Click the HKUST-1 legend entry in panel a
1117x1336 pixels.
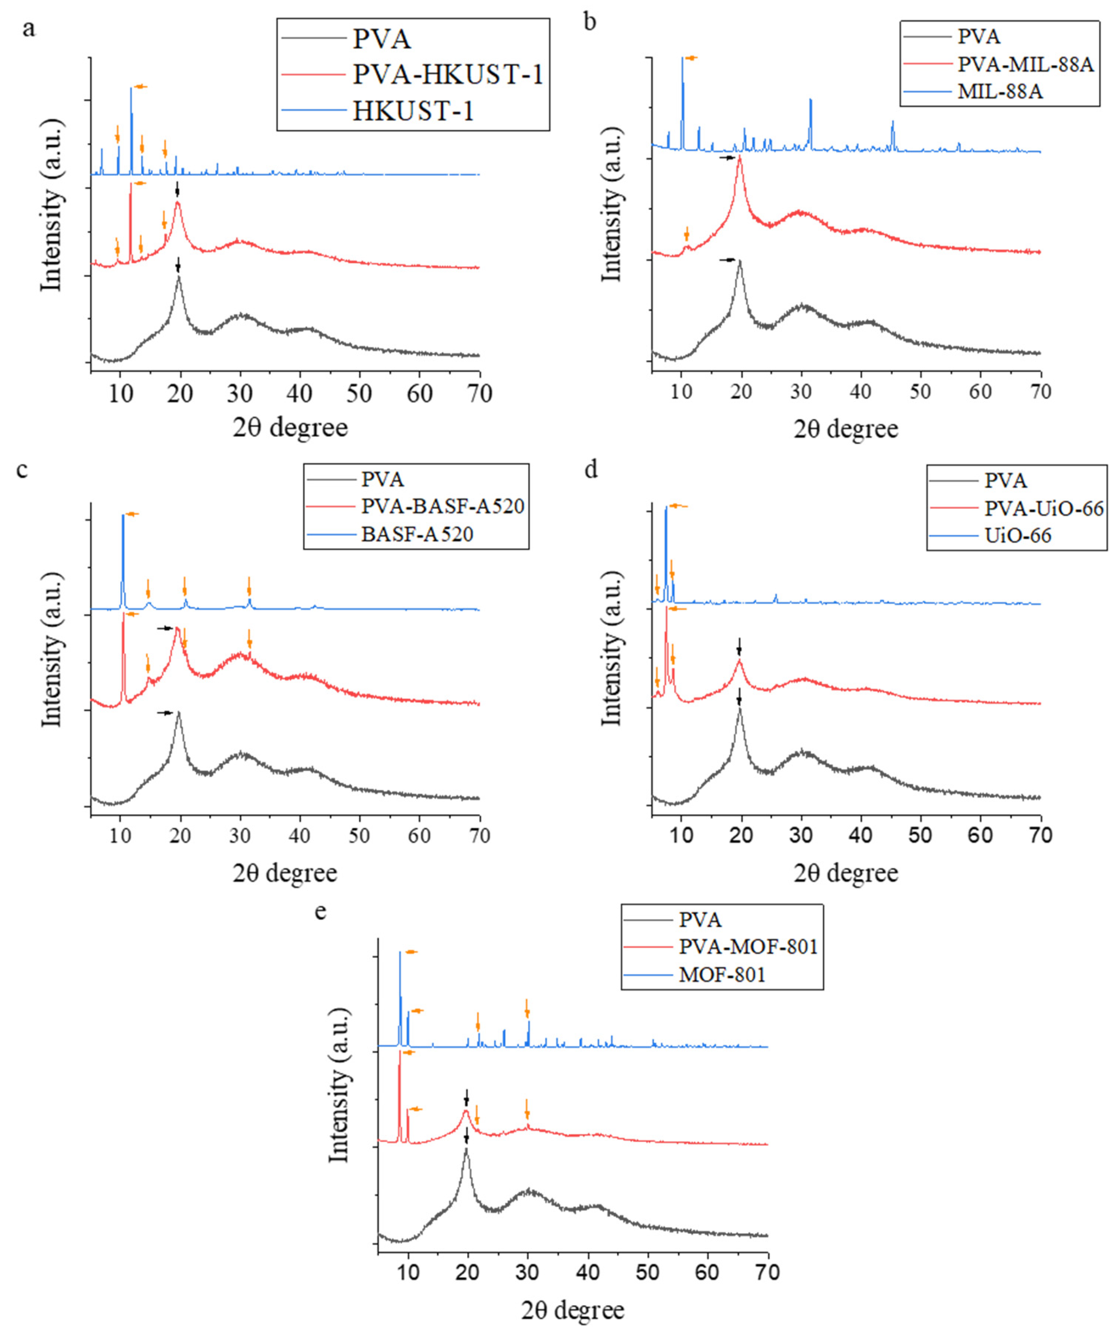coord(413,111)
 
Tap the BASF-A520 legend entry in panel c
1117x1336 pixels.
coord(417,533)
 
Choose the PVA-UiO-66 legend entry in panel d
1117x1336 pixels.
coord(1044,508)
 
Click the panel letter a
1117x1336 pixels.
coord(29,29)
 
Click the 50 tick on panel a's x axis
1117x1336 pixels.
coord(360,394)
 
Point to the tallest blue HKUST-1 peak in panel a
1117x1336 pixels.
coord(131,89)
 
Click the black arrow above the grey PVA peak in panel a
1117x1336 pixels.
coord(178,264)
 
